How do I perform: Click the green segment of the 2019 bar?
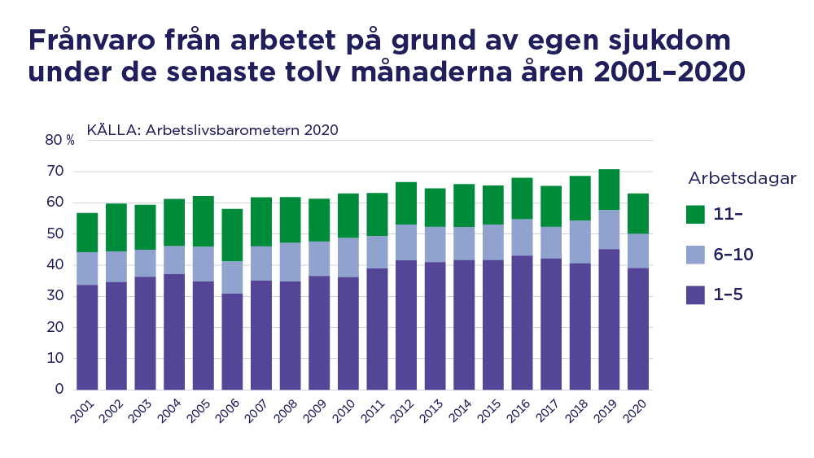pyautogui.click(x=610, y=190)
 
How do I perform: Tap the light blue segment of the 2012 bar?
pyautogui.click(x=406, y=242)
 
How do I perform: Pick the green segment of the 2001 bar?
pyautogui.click(x=87, y=233)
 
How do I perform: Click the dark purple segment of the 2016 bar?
pyautogui.click(x=522, y=323)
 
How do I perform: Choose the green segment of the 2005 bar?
pyautogui.click(x=203, y=221)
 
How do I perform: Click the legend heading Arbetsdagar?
pyautogui.click(x=742, y=179)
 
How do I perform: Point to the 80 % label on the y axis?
pyautogui.click(x=59, y=140)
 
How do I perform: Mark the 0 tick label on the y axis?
pyautogui.click(x=59, y=390)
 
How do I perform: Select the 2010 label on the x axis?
pyautogui.click(x=344, y=412)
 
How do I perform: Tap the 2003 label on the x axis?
pyautogui.click(x=141, y=412)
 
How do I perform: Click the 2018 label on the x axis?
pyautogui.click(x=577, y=412)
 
